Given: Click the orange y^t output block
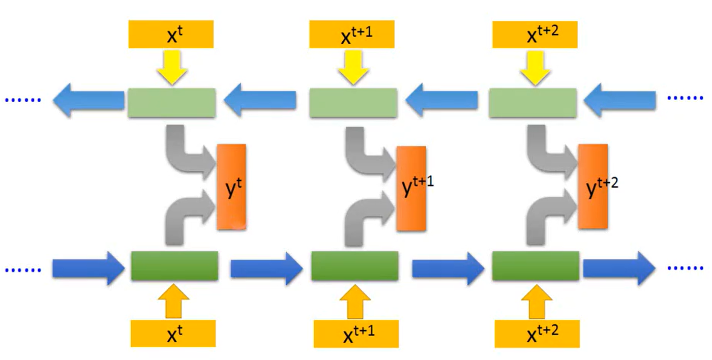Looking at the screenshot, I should click(231, 187).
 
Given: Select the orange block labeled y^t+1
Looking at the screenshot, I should click(411, 188).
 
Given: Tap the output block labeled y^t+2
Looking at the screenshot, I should click(592, 187).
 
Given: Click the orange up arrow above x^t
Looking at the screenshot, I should click(173, 302).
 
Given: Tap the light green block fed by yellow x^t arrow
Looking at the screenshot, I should click(171, 103).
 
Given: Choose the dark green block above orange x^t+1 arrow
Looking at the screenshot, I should click(354, 265).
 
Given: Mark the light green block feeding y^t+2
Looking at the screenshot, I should click(532, 103).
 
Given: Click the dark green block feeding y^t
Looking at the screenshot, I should click(174, 265).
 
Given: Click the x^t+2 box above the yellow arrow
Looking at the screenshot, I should click(536, 35).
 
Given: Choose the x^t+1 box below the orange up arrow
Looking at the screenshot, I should click(355, 334).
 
